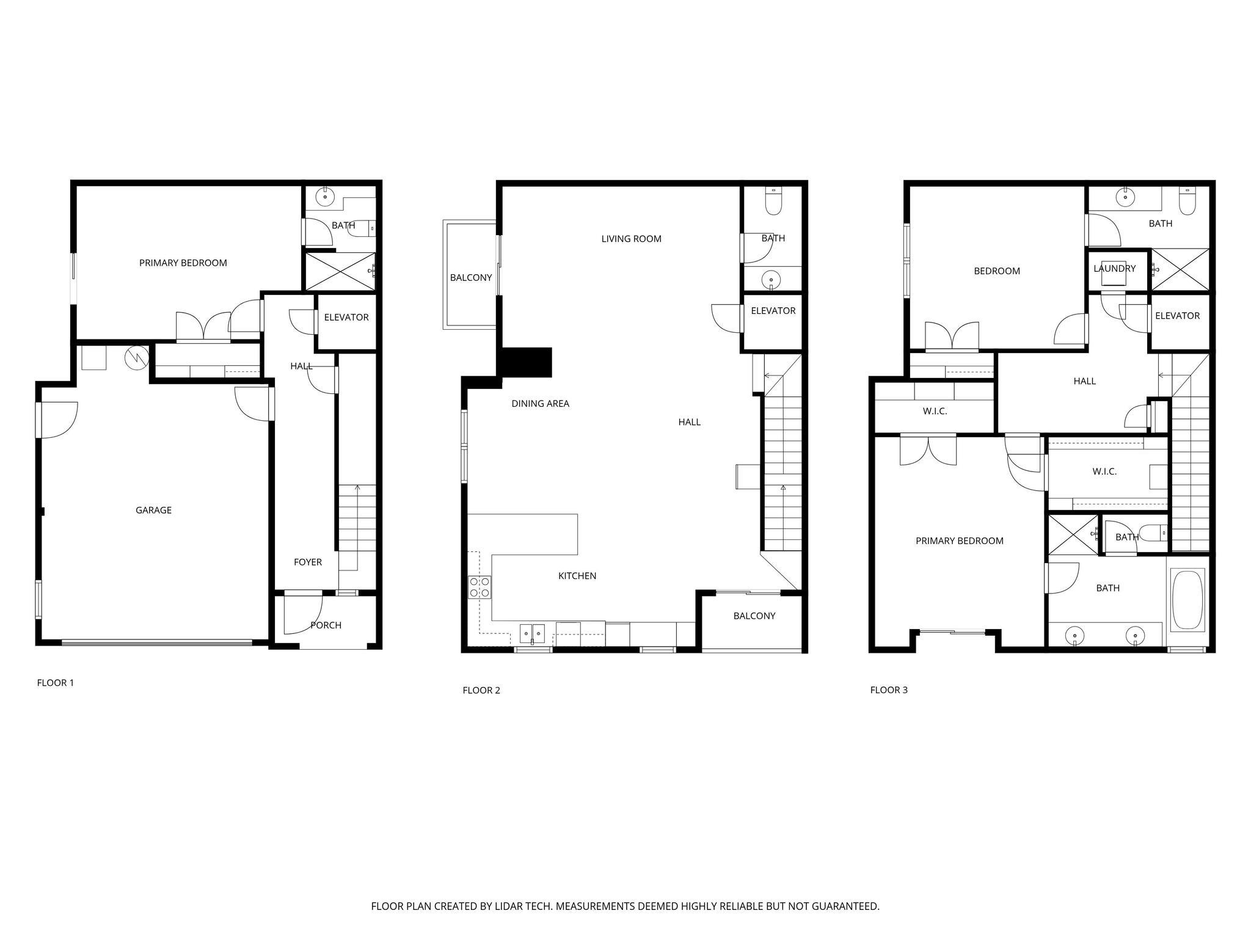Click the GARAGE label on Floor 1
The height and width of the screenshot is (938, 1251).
pos(153,510)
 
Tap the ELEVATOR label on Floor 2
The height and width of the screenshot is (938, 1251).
pos(773,311)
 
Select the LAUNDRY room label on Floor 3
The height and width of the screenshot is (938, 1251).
pos(1114,268)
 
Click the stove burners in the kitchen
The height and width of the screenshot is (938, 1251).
pos(480,587)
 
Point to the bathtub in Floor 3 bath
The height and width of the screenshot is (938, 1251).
pos(1187,600)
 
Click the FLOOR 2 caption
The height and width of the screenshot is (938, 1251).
pos(481,690)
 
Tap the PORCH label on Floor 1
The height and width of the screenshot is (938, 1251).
pos(326,625)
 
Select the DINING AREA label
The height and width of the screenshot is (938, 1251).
pos(540,403)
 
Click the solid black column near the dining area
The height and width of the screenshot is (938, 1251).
pos(527,362)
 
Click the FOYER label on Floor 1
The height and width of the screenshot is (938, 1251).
pos(307,562)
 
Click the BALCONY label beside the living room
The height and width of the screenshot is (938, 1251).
pos(470,277)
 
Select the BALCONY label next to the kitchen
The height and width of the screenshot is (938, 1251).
pos(754,616)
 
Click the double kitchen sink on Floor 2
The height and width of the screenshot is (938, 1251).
pos(532,633)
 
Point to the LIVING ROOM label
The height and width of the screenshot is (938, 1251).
pos(631,239)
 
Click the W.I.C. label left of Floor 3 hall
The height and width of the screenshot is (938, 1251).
pos(935,411)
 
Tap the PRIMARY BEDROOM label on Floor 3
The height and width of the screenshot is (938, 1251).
pos(959,540)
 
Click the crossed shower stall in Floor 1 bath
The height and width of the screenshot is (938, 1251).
pos(339,271)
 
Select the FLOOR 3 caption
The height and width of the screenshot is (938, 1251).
pos(889,689)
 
